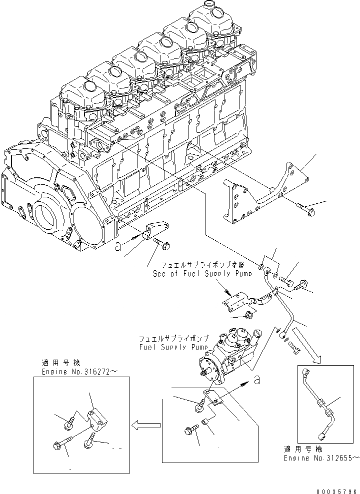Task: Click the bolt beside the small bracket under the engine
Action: point(163,244)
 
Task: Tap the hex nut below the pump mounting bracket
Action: point(249,315)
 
